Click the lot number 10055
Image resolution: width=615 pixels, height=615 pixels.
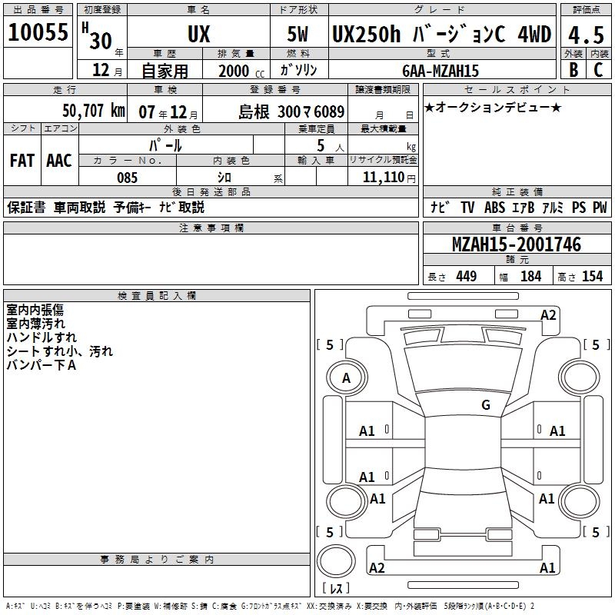coord(38,32)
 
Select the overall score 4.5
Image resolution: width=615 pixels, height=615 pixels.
coord(586,35)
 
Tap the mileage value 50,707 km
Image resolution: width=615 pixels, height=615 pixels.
coord(94,111)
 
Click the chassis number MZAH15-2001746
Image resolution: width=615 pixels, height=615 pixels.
coord(517,244)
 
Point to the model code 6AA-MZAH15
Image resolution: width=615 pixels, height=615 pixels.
coord(440,71)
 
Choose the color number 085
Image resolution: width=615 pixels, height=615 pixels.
coord(127,178)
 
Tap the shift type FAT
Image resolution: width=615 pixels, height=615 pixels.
coord(22,161)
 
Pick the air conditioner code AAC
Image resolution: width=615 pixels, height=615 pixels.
coord(59,161)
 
